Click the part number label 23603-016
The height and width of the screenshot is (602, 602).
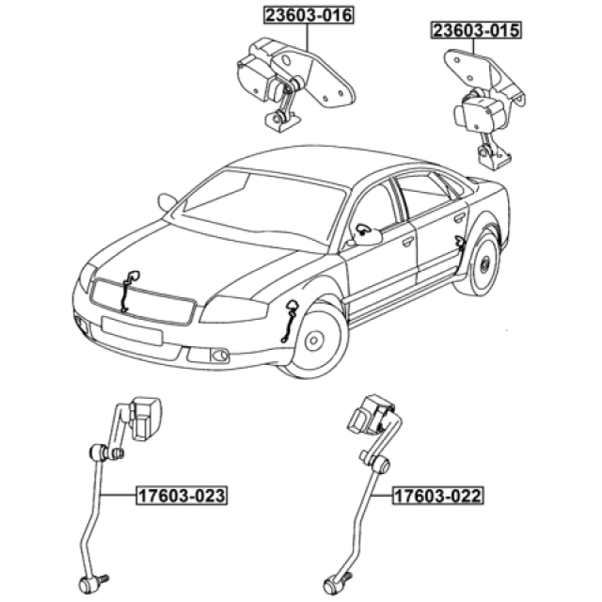click(x=308, y=15)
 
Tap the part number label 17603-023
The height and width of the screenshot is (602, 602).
click(x=181, y=496)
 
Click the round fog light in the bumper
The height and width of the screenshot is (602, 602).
click(x=219, y=354)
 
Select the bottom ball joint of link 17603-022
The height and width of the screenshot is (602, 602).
click(x=336, y=581)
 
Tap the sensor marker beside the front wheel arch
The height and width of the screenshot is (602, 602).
click(x=290, y=320)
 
